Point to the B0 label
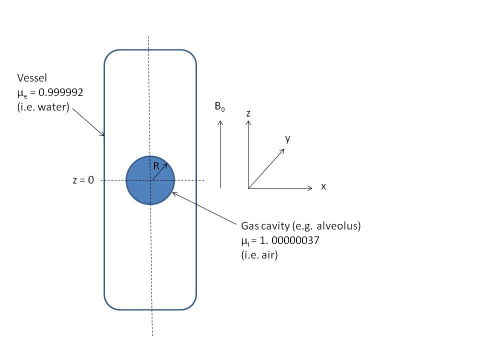[x=219, y=107]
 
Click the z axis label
[x=248, y=113]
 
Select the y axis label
[x=287, y=138]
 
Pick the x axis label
[x=323, y=186]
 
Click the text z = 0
[x=83, y=180]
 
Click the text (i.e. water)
[x=43, y=106]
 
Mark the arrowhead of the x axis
[x=311, y=188]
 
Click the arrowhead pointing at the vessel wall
[x=103, y=134]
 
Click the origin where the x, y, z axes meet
[x=248, y=188]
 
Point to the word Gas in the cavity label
[x=250, y=226]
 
